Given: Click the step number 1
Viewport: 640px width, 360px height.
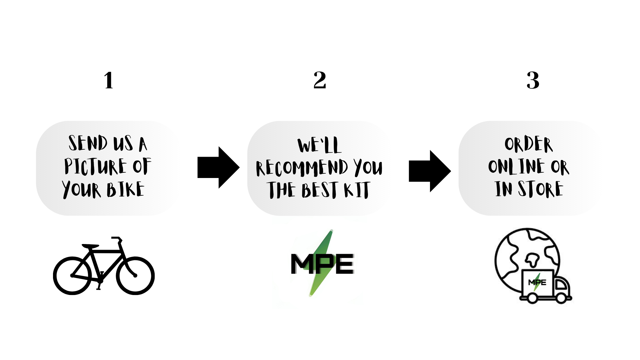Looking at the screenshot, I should [x=109, y=80].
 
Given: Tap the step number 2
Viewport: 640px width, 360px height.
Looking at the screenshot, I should [x=320, y=80].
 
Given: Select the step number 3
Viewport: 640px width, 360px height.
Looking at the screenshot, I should [x=533, y=80].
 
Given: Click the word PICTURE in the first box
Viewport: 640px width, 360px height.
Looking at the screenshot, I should [x=95, y=166].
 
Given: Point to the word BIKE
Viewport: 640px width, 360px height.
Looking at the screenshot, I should [x=125, y=190].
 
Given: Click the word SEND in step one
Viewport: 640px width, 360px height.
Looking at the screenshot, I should [x=88, y=143].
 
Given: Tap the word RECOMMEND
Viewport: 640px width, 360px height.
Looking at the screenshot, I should [x=302, y=167].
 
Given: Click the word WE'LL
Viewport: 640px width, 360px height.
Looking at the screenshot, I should [x=319, y=145].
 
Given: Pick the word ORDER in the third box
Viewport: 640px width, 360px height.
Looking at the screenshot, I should [x=528, y=144].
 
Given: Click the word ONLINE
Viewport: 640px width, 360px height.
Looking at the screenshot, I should [x=516, y=166].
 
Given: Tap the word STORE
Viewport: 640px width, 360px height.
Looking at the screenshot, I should [x=540, y=189].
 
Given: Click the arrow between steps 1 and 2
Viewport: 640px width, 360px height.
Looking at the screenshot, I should [x=218, y=167].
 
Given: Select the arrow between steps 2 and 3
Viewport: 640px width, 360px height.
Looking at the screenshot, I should [x=429, y=171].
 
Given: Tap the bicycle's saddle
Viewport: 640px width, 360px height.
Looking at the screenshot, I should [x=90, y=246].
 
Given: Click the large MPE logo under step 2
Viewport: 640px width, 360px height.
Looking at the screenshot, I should [x=322, y=263].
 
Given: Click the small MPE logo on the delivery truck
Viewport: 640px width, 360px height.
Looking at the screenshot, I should [x=537, y=282].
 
